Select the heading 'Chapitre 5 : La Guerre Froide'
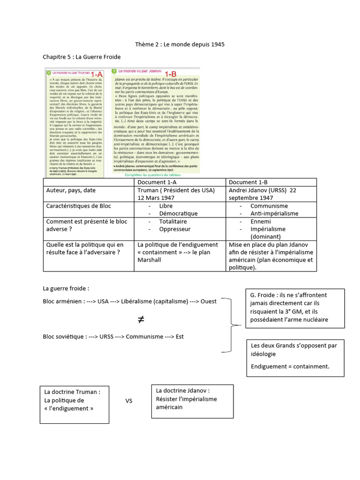coord(82,57)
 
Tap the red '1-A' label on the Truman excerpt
coord(97,75)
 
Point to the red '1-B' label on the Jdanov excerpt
coord(170,74)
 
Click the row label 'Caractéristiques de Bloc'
coord(78,206)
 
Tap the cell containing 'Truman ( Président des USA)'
coord(176,190)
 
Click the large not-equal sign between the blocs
coord(141,320)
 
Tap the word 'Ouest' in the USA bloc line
coord(209,301)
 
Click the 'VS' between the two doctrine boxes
coord(129,401)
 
